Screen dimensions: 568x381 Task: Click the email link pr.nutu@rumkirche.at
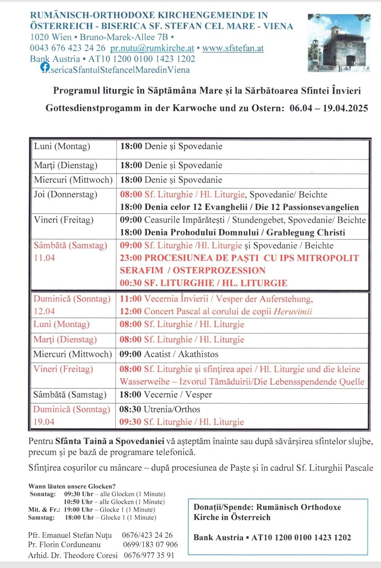(152, 48)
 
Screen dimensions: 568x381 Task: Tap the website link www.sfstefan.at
(233, 48)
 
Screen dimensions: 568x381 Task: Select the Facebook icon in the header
(45, 67)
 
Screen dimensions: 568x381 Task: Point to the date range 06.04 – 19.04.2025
(329, 108)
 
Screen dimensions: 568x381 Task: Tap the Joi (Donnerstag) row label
(65, 194)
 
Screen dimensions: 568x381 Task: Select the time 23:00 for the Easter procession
(131, 258)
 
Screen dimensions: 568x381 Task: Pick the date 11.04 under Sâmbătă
(44, 258)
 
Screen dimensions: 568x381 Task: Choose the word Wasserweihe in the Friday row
(144, 382)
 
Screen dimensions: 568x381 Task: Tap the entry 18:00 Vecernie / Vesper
(166, 395)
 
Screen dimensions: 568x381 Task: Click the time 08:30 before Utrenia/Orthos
(130, 410)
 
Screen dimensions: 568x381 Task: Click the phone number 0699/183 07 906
(151, 544)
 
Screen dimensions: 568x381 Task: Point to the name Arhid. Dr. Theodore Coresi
(73, 555)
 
